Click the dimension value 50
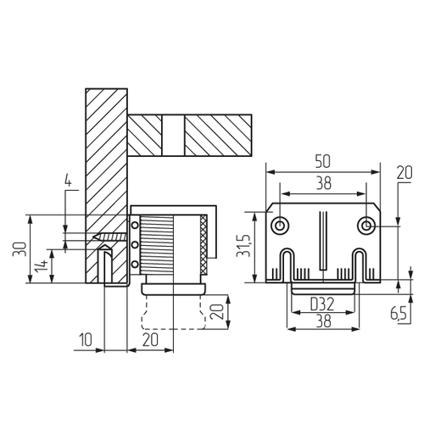coord(322,162)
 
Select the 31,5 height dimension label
coord(243,245)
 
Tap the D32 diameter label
coord(322,304)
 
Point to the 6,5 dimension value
coord(399,313)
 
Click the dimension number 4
coord(68,181)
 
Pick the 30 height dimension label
coord(20,248)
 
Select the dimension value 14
coord(42,266)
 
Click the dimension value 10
coord(86,340)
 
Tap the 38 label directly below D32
coord(323,321)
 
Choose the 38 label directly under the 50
coord(324,183)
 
